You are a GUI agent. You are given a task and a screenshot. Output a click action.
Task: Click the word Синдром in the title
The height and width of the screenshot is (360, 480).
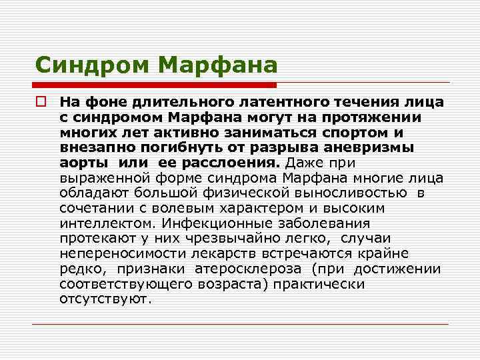[94, 65]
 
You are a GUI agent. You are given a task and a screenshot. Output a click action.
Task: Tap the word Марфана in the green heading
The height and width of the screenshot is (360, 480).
[219, 65]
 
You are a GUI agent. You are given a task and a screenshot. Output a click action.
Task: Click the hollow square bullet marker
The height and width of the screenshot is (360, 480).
[41, 103]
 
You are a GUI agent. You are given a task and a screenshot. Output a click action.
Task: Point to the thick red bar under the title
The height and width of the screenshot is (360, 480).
[155, 85]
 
